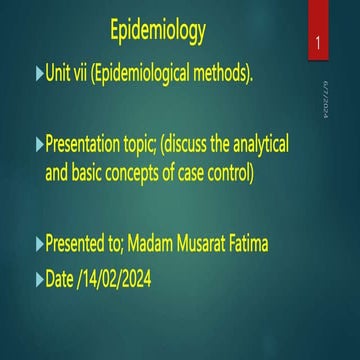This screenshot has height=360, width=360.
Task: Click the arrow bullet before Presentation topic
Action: pyautogui.click(x=39, y=146)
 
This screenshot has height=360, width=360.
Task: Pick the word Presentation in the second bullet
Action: pyautogui.click(x=93, y=146)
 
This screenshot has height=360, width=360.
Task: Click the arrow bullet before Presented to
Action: pyautogui.click(x=39, y=244)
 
